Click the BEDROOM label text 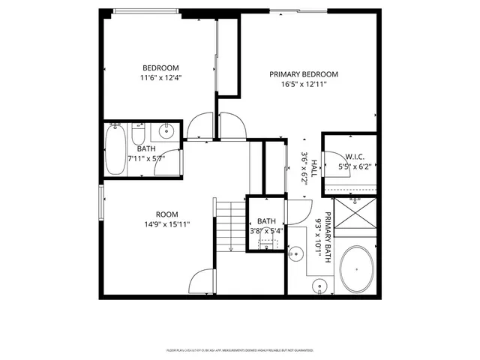click(x=161, y=67)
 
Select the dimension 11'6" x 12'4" click(x=161, y=77)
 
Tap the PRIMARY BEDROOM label click(x=304, y=74)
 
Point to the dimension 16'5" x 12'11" click(x=304, y=85)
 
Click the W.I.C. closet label click(x=355, y=157)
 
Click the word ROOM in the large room click(x=166, y=214)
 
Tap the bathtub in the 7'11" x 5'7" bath click(x=117, y=149)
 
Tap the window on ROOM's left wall click(x=100, y=202)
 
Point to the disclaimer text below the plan click(x=239, y=350)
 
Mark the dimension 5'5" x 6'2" click(x=355, y=166)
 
